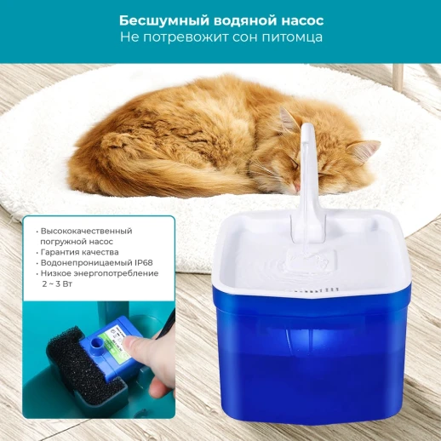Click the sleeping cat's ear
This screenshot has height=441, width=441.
click(x=364, y=151)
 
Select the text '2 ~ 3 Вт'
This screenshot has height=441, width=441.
click(x=58, y=283)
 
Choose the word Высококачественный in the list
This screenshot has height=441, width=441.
click(x=87, y=231)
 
